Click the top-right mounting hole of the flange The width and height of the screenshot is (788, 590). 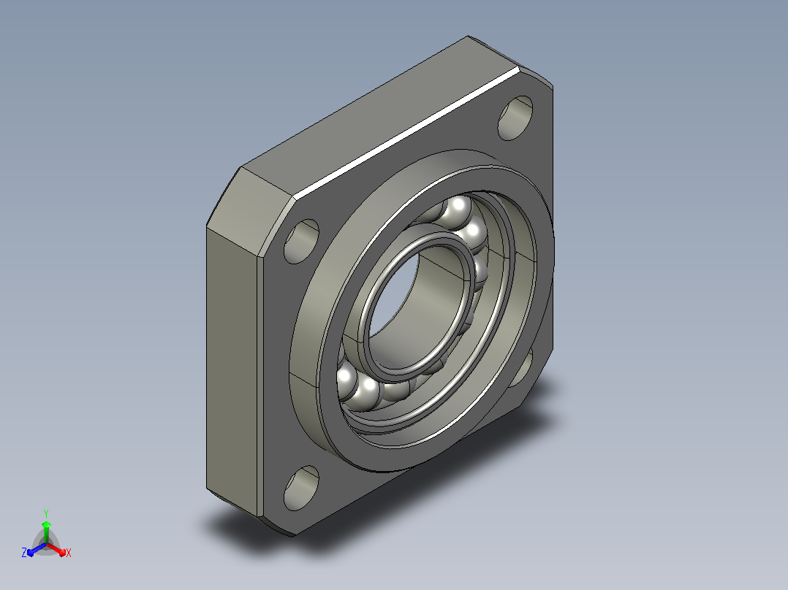[515, 118]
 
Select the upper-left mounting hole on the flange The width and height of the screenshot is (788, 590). [301, 242]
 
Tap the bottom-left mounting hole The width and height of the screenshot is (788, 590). [301, 488]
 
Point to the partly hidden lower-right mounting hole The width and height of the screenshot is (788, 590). [523, 369]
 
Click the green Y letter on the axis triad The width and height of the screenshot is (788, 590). [46, 513]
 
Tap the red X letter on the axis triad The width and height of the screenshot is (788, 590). [69, 553]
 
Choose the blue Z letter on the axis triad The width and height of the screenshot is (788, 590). [24, 553]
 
